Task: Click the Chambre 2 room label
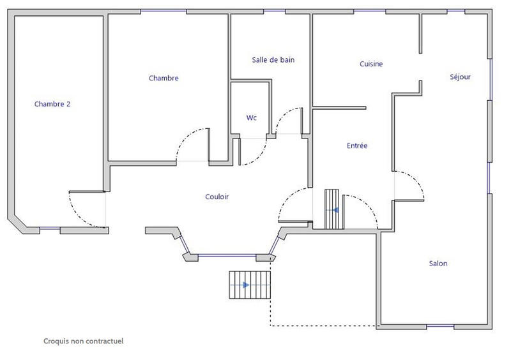(52, 103)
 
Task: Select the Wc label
(252, 117)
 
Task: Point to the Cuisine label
(371, 64)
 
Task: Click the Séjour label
(460, 77)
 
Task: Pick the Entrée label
(357, 146)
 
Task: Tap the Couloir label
(217, 197)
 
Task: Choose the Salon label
(438, 264)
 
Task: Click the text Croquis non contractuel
(84, 341)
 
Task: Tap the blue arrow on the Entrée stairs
(335, 209)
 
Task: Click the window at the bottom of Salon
(440, 327)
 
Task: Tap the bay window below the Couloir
(227, 257)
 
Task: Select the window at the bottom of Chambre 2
(49, 229)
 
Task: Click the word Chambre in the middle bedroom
(164, 79)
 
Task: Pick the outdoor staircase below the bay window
(250, 285)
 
